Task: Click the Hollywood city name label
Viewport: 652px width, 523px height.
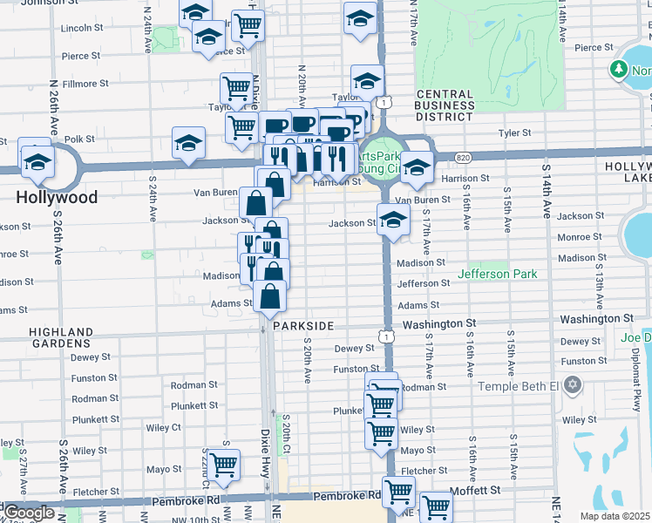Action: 57,198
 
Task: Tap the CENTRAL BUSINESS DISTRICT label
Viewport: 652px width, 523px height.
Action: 445,106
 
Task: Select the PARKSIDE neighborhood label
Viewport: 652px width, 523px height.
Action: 303,325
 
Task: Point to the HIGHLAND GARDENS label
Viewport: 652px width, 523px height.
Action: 61,338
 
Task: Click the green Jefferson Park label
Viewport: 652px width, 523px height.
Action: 499,275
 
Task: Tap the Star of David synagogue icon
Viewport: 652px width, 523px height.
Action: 573,384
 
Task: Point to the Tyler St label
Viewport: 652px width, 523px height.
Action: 514,133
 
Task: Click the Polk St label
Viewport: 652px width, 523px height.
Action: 78,139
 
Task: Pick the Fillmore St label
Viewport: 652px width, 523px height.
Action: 85,85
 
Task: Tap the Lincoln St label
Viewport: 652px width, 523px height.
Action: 83,29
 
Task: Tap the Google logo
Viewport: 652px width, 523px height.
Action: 29,513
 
